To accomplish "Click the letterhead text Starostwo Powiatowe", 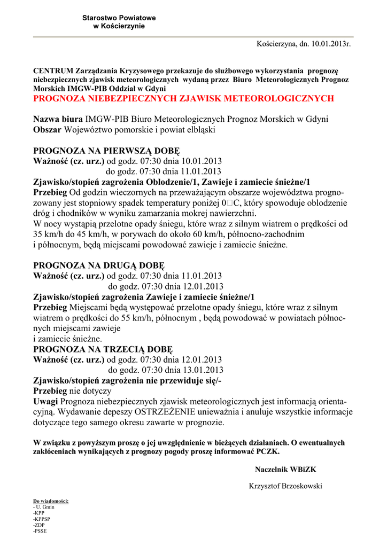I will [x=119, y=18].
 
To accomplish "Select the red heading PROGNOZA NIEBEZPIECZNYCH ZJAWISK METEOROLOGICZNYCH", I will [x=183, y=98].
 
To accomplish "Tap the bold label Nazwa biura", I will [x=58, y=119].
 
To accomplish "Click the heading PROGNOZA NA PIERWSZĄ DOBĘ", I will [x=107, y=151].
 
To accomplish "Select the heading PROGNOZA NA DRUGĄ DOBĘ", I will [x=99, y=265].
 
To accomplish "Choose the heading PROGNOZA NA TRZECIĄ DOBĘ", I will [x=103, y=349].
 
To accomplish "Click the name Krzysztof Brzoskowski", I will [x=285, y=486].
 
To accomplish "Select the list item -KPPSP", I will [x=42, y=519].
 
